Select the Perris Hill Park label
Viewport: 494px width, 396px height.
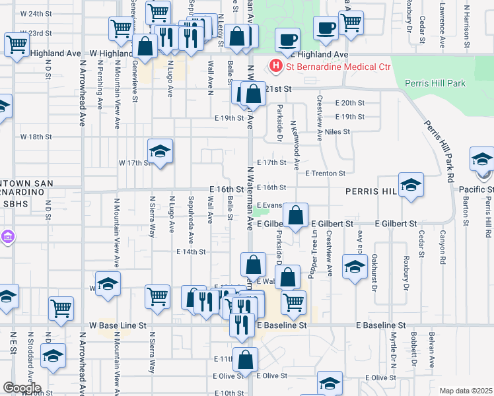(x=437, y=84)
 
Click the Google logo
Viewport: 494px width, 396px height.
(x=22, y=388)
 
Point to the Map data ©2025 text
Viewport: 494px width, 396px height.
(x=466, y=391)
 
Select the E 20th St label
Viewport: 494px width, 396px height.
(x=349, y=103)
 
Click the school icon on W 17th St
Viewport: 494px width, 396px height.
(x=160, y=152)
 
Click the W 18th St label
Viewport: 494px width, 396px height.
(x=36, y=137)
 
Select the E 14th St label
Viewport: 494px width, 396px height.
(x=192, y=251)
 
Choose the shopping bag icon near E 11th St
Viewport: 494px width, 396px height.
(x=245, y=360)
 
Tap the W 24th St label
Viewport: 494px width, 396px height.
(x=36, y=14)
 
